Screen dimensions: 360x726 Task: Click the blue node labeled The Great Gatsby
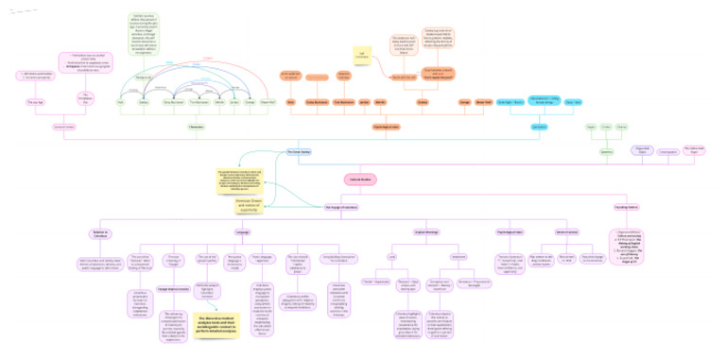(x=298, y=151)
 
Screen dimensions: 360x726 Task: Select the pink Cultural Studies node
(x=361, y=178)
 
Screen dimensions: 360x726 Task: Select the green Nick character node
(x=120, y=101)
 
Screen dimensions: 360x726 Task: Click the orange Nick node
(x=290, y=101)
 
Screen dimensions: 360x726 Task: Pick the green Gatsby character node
(x=145, y=101)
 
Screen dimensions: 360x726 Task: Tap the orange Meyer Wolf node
(x=483, y=101)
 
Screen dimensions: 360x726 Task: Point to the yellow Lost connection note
(x=360, y=57)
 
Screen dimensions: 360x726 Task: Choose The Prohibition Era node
(x=84, y=98)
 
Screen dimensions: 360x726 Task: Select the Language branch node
(x=242, y=231)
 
